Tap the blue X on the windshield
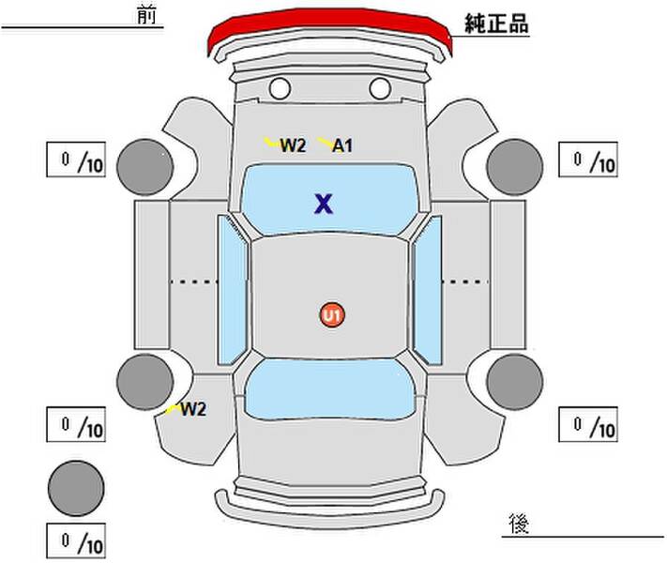click(324, 204)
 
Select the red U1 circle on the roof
click(332, 315)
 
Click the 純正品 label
click(496, 23)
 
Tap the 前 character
click(146, 16)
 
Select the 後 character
click(519, 523)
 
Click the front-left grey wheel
click(145, 167)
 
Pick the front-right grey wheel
click(515, 167)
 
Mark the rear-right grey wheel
click(515, 382)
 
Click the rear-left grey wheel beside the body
click(145, 382)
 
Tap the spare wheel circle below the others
click(76, 488)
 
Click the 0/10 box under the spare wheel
click(76, 540)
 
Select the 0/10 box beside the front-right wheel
click(588, 160)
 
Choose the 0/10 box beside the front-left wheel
click(76, 160)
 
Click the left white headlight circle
click(280, 88)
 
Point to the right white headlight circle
click(380, 88)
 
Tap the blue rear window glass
click(330, 388)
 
